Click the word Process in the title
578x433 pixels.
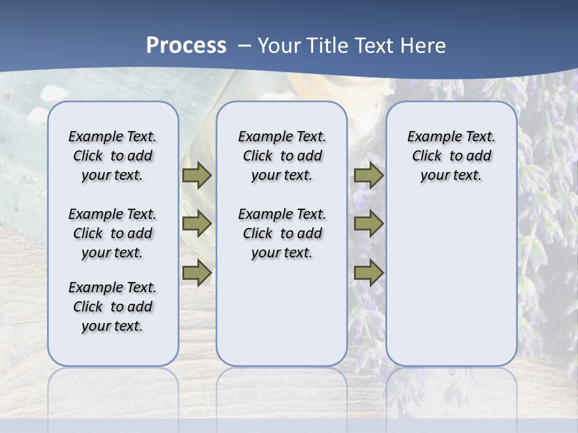[x=186, y=45]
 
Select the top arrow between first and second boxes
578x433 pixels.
[x=197, y=175]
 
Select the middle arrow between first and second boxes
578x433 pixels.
[x=197, y=224]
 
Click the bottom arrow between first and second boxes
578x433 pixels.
[x=197, y=274]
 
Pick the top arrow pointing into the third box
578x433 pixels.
[x=368, y=175]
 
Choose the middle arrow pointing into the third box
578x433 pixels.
[x=368, y=224]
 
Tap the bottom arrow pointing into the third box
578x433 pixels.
[x=368, y=274]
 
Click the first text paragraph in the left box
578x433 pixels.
[x=113, y=156]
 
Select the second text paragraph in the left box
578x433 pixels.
[x=113, y=233]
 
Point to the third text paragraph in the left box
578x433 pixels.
[x=113, y=307]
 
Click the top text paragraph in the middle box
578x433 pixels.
[x=282, y=156]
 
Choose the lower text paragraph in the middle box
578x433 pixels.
[x=282, y=233]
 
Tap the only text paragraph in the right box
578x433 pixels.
[x=451, y=156]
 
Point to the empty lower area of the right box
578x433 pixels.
[x=451, y=283]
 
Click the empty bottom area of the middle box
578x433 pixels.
[x=282, y=319]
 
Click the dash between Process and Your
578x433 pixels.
[x=244, y=46]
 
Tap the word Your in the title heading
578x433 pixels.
[x=279, y=46]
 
